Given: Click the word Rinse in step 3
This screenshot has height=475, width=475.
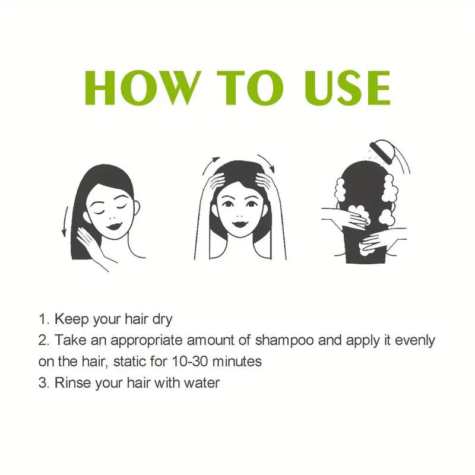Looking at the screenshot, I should pyautogui.click(x=71, y=383).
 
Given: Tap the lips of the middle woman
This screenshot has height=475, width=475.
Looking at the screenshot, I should pyautogui.click(x=240, y=224).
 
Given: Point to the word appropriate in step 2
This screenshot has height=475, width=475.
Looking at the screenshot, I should pyautogui.click(x=148, y=341).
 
